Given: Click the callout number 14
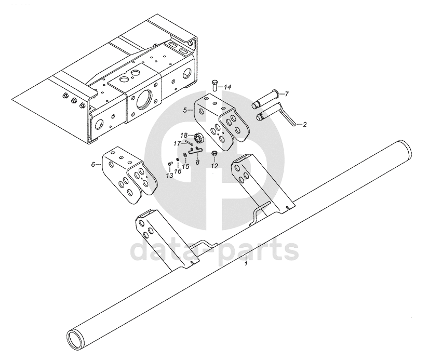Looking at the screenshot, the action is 227,87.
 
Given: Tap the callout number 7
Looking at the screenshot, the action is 287,95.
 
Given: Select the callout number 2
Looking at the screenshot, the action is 304,125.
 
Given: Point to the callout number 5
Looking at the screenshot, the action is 185,110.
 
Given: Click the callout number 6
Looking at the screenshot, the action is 93,164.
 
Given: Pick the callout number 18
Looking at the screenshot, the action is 184,136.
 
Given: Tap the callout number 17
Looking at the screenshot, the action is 177,143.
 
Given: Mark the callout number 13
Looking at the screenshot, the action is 170,176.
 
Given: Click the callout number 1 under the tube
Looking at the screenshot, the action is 246,264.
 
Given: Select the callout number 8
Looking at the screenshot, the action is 197,162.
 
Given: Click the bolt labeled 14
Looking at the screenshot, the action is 214,85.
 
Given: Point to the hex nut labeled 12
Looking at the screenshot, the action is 214,153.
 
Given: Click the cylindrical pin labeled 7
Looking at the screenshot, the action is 266,100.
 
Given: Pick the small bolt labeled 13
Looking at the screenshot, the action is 169,164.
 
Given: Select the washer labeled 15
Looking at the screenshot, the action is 185,156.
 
